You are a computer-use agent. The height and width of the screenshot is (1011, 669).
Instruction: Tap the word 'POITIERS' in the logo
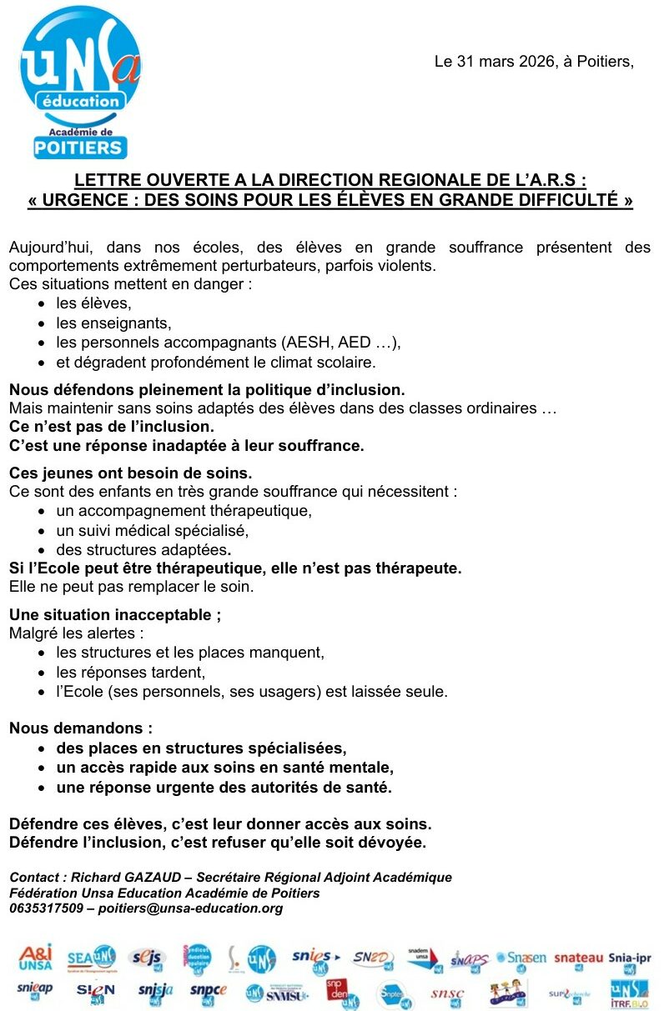pyautogui.click(x=80, y=148)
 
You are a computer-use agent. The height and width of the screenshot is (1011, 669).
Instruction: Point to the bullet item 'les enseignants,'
pyautogui.click(x=113, y=323)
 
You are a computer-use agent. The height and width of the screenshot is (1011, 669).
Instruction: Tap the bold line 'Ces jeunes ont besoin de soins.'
pyautogui.click(x=130, y=473)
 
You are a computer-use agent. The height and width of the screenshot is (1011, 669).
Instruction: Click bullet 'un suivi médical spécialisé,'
pyautogui.click(x=153, y=530)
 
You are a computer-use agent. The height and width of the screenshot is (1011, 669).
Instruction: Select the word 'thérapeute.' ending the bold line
pyautogui.click(x=420, y=568)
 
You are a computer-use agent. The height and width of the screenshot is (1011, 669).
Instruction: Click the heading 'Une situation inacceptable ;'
pyautogui.click(x=115, y=615)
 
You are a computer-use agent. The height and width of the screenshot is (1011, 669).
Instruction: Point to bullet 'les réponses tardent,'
pyautogui.click(x=130, y=672)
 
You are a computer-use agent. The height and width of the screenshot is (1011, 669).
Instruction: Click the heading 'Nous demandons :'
pyautogui.click(x=81, y=728)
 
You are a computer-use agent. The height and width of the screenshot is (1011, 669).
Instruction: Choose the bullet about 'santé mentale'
pyautogui.click(x=224, y=767)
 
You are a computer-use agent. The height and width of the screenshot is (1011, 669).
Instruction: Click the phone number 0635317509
pyautogui.click(x=47, y=908)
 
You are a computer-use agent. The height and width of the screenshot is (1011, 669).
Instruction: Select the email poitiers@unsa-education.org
pyautogui.click(x=191, y=908)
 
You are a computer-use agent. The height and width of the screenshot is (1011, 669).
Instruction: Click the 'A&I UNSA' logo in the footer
pyautogui.click(x=35, y=958)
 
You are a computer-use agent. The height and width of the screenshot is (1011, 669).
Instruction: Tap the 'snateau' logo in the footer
pyautogui.click(x=577, y=958)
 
